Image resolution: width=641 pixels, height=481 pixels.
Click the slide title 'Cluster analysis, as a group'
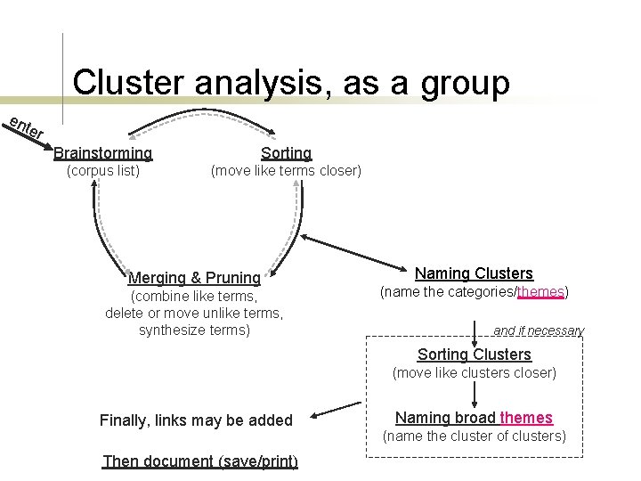click(x=291, y=82)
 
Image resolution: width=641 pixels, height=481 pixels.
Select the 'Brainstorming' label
click(x=103, y=153)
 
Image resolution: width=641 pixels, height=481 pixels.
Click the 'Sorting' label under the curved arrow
click(x=286, y=153)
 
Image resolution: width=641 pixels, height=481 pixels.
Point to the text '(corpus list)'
click(x=103, y=170)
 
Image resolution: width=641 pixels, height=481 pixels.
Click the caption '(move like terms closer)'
click(x=286, y=170)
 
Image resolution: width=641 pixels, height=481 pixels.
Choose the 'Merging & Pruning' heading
click(x=194, y=278)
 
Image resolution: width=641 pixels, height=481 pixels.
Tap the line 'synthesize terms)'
click(x=194, y=330)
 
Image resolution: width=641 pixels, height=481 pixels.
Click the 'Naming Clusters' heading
click(x=474, y=273)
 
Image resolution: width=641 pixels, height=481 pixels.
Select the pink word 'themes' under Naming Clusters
click(x=540, y=291)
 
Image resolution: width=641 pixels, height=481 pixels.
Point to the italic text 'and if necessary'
click(x=539, y=330)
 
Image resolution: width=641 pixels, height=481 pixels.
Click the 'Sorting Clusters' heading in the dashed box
click(x=474, y=355)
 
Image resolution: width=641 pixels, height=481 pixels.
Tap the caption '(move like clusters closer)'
click(x=474, y=372)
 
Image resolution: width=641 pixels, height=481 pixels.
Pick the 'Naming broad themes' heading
click(x=474, y=418)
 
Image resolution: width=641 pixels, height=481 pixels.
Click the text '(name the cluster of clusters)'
click(x=474, y=436)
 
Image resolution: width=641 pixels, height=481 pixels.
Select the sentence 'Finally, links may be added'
click(x=196, y=420)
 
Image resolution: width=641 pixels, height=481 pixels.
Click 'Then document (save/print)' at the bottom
click(x=200, y=461)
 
